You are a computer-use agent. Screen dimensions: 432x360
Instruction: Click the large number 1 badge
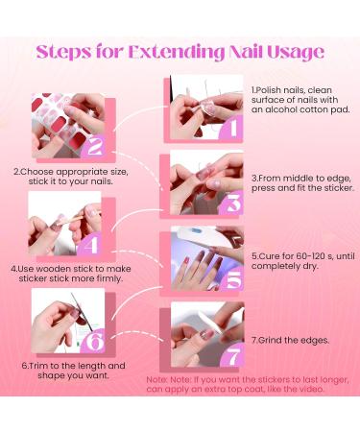[x=228, y=124]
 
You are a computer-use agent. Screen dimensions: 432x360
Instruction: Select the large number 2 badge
[x=94, y=147]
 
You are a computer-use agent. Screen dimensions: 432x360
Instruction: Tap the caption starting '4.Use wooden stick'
[x=65, y=274]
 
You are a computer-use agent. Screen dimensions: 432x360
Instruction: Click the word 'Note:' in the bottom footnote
[x=157, y=379]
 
